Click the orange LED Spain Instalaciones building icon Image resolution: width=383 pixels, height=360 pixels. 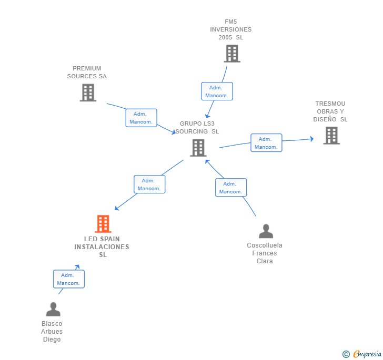click(x=103, y=223)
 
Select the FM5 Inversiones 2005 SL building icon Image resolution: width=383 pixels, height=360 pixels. click(x=232, y=54)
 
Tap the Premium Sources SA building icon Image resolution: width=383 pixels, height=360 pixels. click(x=88, y=92)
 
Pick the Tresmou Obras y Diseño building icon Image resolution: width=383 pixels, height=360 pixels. click(x=331, y=136)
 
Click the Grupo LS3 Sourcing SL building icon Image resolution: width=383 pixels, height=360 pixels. click(x=198, y=148)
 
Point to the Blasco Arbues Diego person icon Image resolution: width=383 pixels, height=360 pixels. click(x=53, y=309)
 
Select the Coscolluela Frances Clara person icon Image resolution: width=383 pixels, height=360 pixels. click(x=266, y=231)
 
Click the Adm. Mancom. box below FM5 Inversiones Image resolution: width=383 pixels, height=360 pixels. click(x=217, y=91)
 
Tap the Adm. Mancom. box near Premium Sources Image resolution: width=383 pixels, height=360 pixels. click(x=141, y=118)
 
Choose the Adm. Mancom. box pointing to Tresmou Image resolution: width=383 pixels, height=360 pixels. click(x=266, y=143)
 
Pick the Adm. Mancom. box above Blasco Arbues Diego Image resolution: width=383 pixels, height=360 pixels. click(x=69, y=279)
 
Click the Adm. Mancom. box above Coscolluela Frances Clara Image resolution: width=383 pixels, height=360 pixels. click(x=231, y=188)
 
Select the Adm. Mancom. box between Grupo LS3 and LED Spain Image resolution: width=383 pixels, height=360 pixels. click(x=149, y=184)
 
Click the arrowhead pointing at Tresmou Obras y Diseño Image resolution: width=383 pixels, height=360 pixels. click(x=312, y=139)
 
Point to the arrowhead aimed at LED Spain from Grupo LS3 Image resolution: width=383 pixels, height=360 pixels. click(x=117, y=208)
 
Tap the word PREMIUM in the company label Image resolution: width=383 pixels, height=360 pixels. click(x=87, y=68)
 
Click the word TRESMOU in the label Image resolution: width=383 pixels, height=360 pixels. click(x=330, y=104)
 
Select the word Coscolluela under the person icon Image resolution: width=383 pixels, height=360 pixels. click(x=265, y=245)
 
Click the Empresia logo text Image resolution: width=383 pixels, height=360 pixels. click(x=367, y=354)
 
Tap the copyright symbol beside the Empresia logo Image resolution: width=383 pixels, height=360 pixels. click(x=346, y=354)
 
